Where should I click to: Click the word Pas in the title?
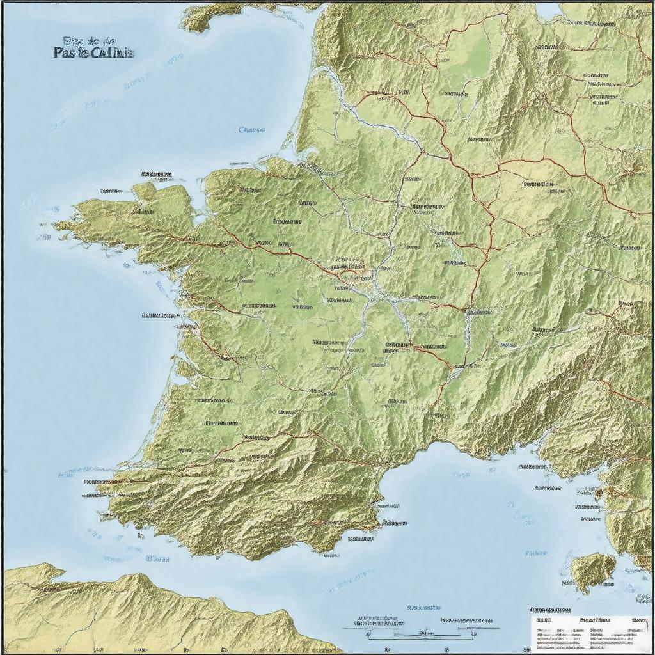65,53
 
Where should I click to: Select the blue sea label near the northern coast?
251,130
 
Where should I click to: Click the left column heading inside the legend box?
545,620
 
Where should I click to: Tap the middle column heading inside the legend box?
592,620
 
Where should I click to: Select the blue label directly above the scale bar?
423,606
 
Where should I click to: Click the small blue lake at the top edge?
549,10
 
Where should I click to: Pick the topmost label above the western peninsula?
157,174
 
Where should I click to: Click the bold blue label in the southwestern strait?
157,558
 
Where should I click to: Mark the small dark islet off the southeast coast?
600,494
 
